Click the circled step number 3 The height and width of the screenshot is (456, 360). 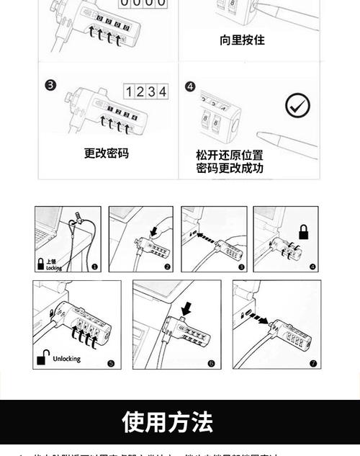pos(50,85)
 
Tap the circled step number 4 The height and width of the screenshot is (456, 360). pos(190,86)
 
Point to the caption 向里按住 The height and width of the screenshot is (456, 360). pos(242,40)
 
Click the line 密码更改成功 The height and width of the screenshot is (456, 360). pos(230,169)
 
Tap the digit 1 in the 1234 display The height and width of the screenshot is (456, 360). pos(130,91)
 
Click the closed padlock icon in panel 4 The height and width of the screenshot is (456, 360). pos(304,233)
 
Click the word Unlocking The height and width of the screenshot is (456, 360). pos(67,359)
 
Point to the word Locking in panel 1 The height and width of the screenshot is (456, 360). pos(54,267)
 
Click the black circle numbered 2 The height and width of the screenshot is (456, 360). pos(168,267)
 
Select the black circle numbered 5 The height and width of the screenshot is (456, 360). pos(110,364)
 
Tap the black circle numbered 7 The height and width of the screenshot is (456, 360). pos(314,364)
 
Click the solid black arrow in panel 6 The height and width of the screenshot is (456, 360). pos(187,308)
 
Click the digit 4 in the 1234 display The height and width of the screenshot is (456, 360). pos(163,91)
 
